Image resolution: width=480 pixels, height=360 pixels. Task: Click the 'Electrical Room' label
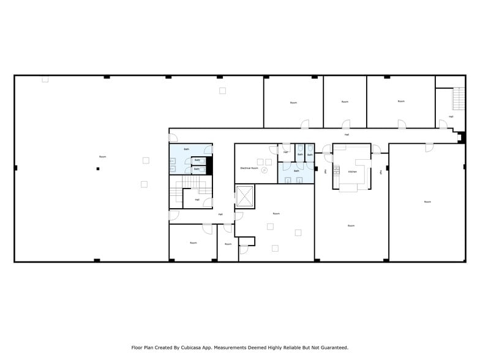249,167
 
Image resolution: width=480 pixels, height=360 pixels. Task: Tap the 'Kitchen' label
352,171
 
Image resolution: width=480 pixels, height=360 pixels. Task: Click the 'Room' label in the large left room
102,157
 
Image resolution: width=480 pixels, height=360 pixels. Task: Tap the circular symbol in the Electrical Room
265,171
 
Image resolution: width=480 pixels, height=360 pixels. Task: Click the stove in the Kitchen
336,170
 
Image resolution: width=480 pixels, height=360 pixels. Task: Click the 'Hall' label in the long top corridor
347,134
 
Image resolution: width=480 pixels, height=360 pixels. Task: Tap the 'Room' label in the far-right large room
427,201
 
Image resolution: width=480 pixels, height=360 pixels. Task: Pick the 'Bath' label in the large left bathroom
187,149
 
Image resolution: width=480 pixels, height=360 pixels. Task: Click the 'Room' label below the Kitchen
351,226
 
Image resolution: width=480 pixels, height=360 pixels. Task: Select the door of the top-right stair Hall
443,124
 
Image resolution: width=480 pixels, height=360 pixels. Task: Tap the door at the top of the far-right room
429,148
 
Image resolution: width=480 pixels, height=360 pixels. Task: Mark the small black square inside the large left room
97,168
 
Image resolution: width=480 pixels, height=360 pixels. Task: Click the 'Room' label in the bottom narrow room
228,244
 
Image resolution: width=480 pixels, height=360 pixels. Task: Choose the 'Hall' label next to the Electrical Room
285,152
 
